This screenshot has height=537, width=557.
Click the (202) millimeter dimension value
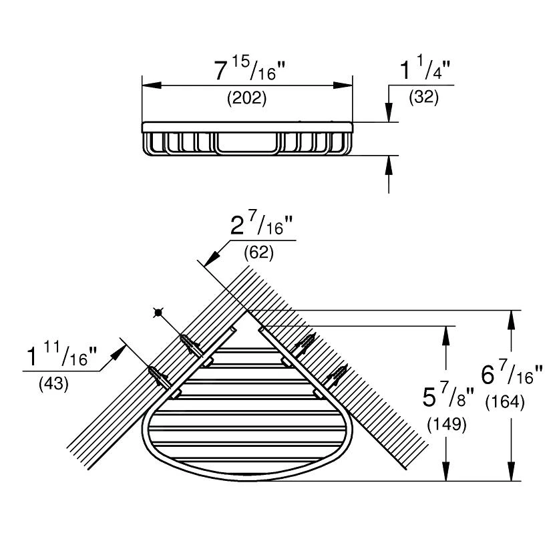tap(246, 98)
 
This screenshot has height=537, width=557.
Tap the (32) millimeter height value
tap(423, 97)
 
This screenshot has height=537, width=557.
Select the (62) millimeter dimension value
tap(258, 253)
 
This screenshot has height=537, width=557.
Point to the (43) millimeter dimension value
tap(53, 383)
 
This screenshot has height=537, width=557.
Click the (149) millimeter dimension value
tap(447, 424)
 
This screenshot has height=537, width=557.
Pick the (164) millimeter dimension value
tap(505, 402)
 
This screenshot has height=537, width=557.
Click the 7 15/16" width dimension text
tap(250, 69)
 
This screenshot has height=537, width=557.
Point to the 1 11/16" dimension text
tap(62, 355)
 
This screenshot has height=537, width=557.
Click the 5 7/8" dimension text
tap(448, 395)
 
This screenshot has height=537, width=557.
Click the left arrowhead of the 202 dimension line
tap(152, 85)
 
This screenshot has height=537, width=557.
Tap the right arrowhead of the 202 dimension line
tap(343, 85)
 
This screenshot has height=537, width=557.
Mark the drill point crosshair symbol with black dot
tap(158, 313)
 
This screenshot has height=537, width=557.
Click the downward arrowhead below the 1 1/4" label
tap(389, 112)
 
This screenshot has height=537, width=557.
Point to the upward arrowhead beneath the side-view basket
tap(389, 165)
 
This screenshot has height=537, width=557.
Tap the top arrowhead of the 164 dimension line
tap(511, 320)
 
